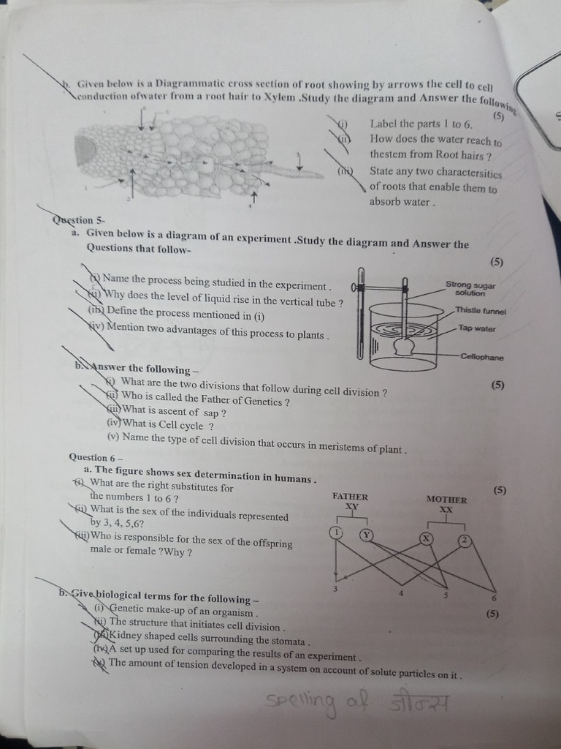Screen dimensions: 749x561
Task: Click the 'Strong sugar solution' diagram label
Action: coord(470,289)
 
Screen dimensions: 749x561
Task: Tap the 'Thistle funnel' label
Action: coord(480,311)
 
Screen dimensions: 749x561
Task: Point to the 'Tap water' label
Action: coord(476,329)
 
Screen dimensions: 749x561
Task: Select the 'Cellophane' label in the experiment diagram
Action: coord(481,358)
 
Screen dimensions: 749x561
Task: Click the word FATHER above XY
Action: coord(350,497)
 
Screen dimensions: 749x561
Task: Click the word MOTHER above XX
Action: coord(446,500)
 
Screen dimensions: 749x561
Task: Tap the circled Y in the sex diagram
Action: coord(366,535)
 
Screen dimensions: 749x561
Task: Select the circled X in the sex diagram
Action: coord(426,539)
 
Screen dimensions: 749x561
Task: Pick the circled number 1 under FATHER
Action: coord(336,532)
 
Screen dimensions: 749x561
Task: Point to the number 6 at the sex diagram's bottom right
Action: coord(494,598)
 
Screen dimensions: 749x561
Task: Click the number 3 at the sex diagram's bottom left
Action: coord(335,589)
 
